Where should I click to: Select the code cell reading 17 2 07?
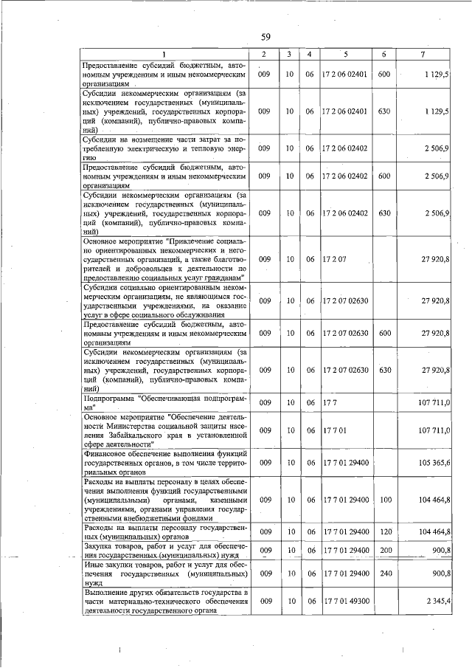tap(334, 259)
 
